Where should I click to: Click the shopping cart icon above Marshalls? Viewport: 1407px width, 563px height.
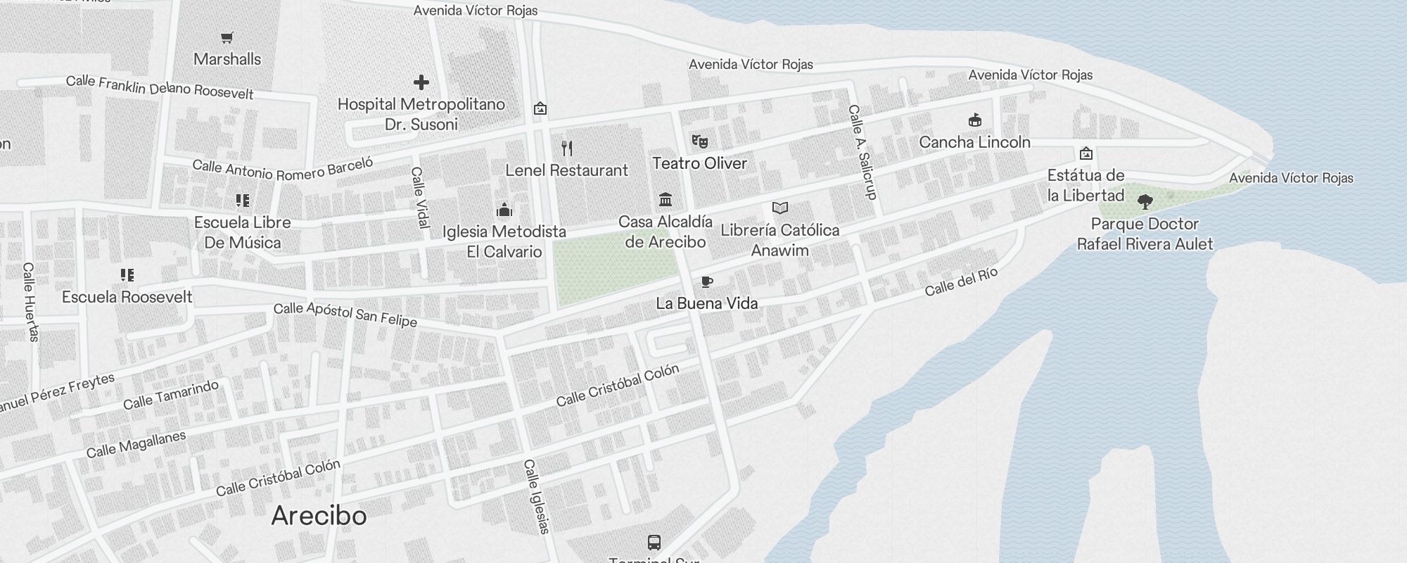227,38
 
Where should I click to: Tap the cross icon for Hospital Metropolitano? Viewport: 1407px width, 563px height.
421,82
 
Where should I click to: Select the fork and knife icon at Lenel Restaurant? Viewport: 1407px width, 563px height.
567,148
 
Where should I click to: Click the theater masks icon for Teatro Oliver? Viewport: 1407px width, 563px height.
699,141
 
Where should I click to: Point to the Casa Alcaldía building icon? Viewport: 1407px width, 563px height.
666,200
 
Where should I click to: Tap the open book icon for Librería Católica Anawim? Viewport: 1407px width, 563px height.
779,208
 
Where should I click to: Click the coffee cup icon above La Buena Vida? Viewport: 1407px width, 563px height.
707,282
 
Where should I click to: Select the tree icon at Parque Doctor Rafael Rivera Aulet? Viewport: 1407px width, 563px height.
1145,203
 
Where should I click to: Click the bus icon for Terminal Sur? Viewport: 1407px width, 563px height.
654,543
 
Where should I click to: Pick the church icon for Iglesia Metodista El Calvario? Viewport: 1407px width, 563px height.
504,210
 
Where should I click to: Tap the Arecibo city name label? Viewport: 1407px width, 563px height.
319,516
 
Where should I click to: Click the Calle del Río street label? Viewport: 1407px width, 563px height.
961,281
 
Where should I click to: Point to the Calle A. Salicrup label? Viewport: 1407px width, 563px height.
862,152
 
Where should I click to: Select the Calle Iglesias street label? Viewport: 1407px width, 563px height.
536,496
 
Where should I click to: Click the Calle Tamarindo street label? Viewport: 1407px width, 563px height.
171,395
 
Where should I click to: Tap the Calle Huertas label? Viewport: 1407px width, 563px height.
30,301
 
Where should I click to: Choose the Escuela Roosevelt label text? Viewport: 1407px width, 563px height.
127,297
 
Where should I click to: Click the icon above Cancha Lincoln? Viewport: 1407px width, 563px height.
974,120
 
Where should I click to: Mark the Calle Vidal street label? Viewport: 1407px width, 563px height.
420,197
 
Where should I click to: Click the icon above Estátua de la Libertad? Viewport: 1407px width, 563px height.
1086,153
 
